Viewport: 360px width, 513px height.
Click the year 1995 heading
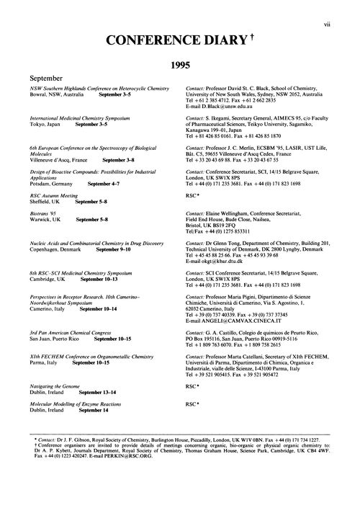(179, 64)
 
